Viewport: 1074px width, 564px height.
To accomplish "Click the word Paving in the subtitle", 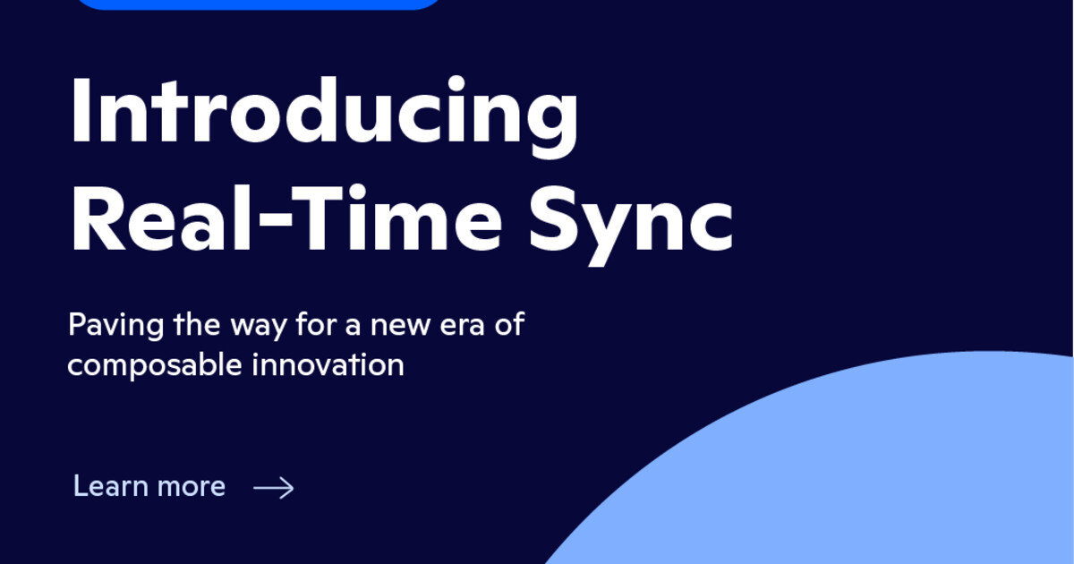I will [103, 325].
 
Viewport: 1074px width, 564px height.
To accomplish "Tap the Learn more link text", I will [149, 486].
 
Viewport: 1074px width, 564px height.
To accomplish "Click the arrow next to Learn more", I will [274, 487].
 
